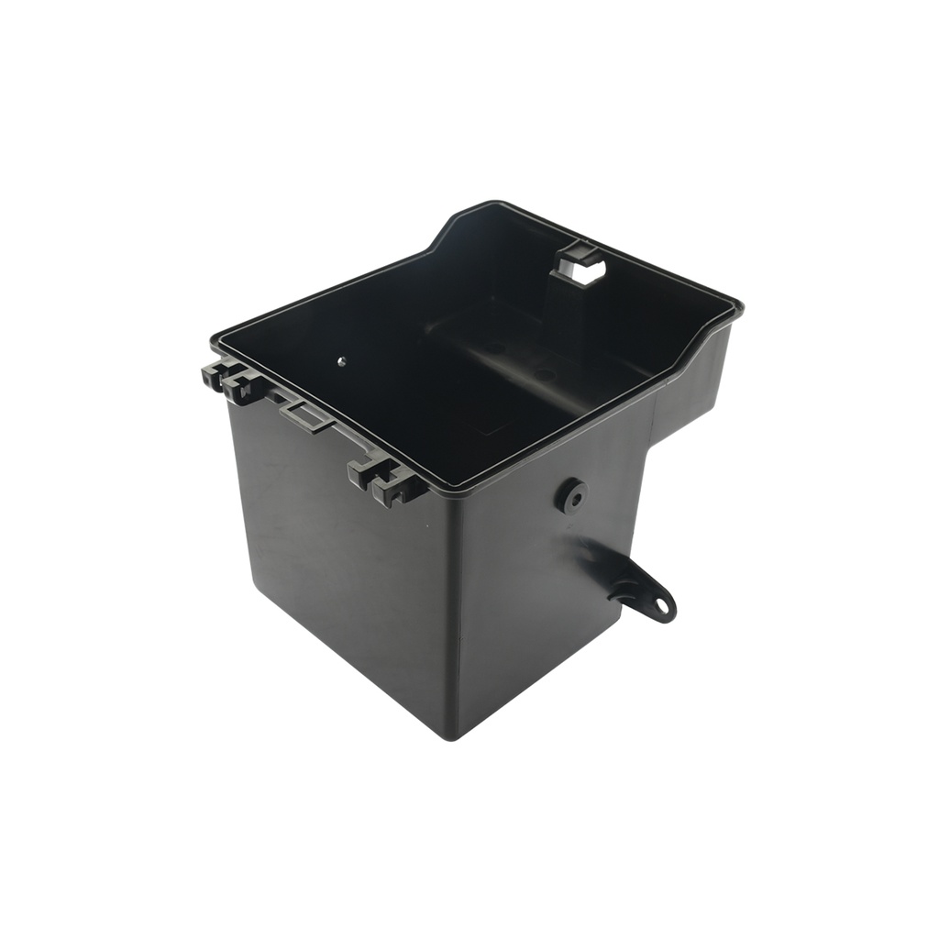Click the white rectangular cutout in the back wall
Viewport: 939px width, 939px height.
(590, 270)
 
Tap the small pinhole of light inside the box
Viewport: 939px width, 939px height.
(341, 360)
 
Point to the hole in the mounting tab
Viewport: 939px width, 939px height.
(660, 605)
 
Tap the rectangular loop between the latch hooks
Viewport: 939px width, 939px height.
(307, 416)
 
